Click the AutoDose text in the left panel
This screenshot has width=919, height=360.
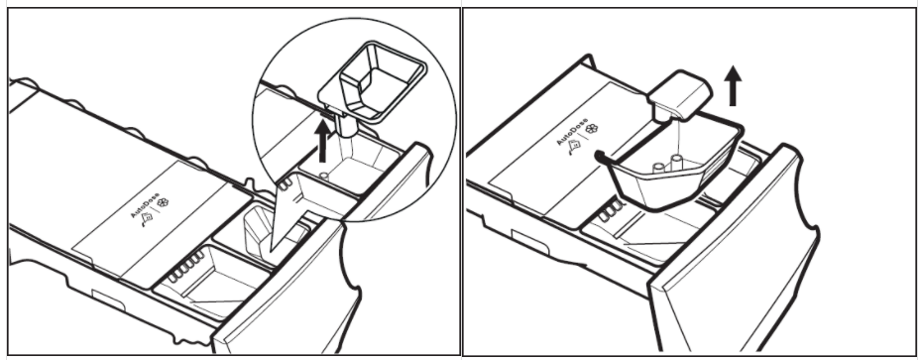pyautogui.click(x=145, y=204)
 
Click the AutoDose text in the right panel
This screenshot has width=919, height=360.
pyautogui.click(x=572, y=132)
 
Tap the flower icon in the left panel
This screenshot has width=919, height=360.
pyautogui.click(x=163, y=203)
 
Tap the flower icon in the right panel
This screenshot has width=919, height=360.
pyautogui.click(x=592, y=128)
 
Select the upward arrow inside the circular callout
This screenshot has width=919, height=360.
pyautogui.click(x=322, y=141)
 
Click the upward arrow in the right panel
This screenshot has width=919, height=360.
pyautogui.click(x=733, y=85)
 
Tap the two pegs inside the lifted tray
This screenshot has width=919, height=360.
pyautogui.click(x=668, y=164)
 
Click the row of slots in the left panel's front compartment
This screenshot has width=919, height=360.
pyautogui.click(x=186, y=265)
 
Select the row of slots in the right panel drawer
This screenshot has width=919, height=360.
pyautogui.click(x=612, y=211)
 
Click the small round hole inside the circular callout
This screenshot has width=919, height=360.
pyautogui.click(x=323, y=175)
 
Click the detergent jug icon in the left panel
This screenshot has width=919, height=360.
pyautogui.click(x=147, y=218)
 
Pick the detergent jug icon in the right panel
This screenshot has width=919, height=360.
pyautogui.click(x=574, y=145)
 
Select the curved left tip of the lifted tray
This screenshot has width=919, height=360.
pyautogui.click(x=598, y=155)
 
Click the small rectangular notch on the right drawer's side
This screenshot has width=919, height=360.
pyautogui.click(x=529, y=241)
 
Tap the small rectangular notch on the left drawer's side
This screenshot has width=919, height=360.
pyautogui.click(x=108, y=300)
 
